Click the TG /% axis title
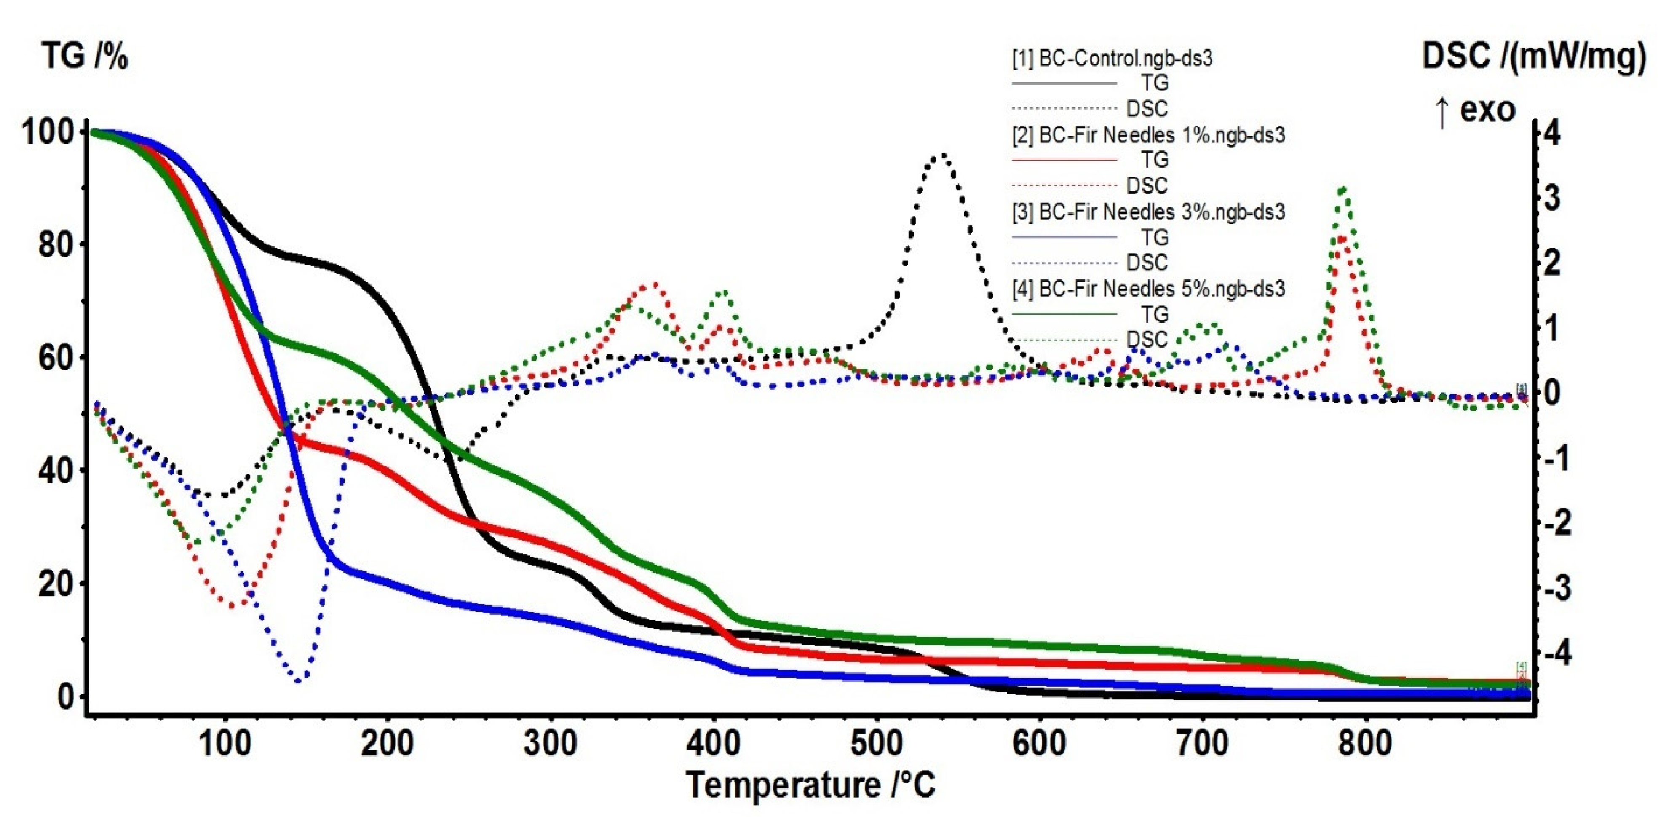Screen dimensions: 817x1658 click(85, 56)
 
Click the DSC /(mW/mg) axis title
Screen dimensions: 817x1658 click(1534, 56)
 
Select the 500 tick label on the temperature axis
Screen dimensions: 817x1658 click(876, 744)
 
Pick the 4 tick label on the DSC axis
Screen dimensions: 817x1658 click(1552, 133)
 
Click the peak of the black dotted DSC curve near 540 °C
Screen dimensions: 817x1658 click(941, 155)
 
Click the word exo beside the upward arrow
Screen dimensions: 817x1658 click(1487, 110)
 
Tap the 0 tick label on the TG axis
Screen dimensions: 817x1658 click(66, 696)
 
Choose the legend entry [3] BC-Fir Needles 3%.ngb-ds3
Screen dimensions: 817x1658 click(1149, 212)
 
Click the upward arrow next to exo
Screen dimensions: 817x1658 click(1442, 112)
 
